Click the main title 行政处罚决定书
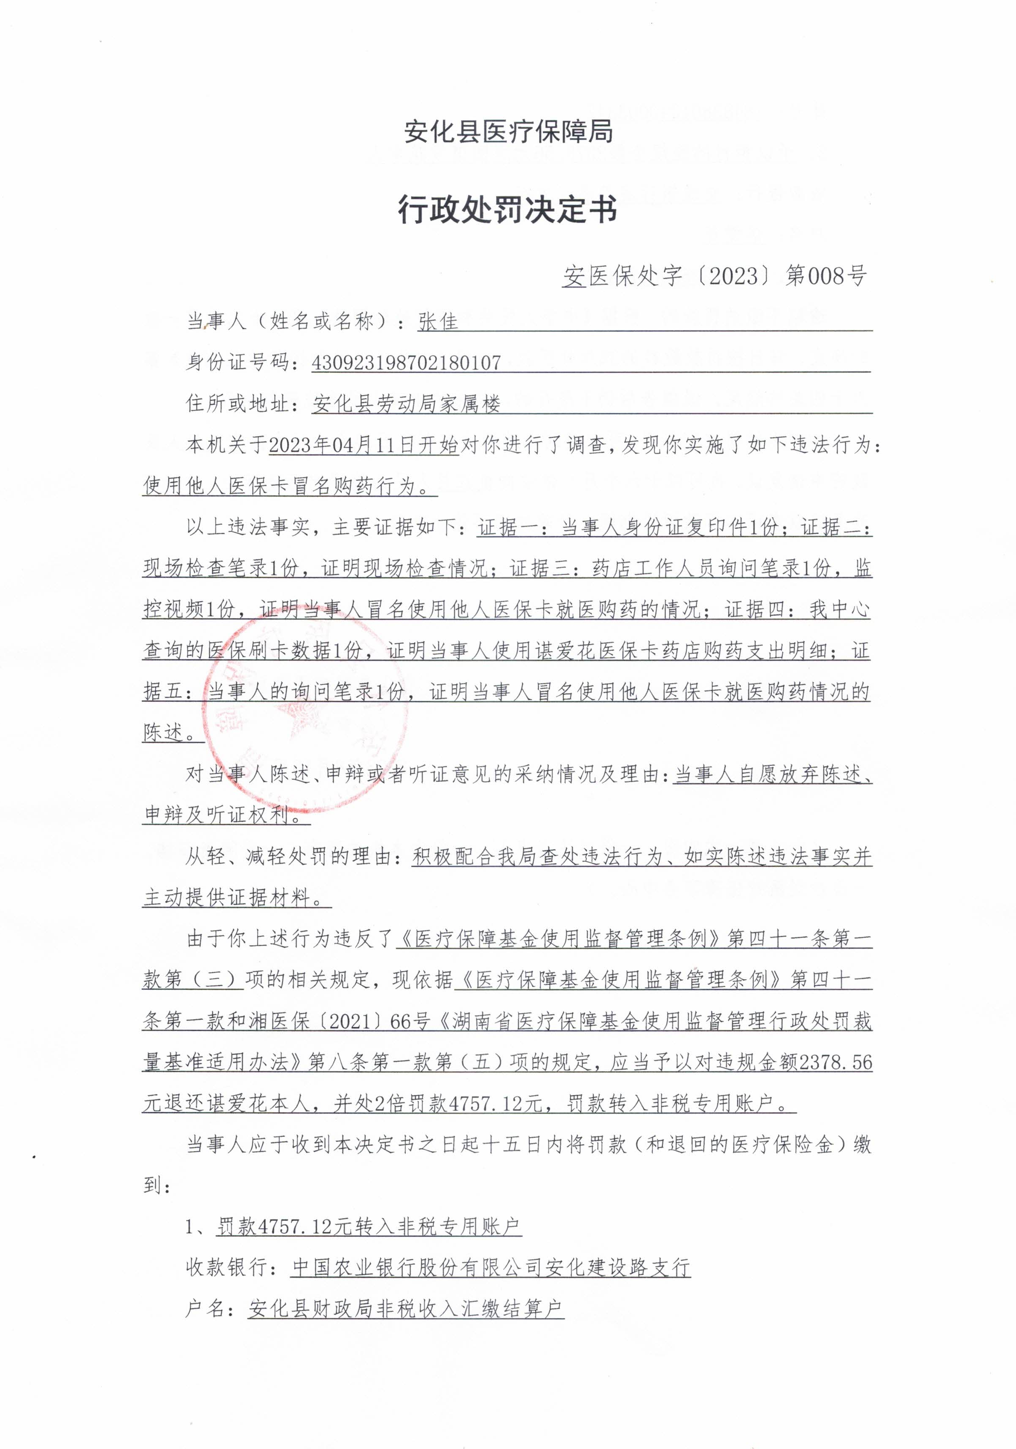(507, 209)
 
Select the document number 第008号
(825, 275)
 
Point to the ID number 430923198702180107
(406, 363)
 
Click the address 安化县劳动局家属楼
(406, 404)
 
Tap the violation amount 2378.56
(835, 1063)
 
